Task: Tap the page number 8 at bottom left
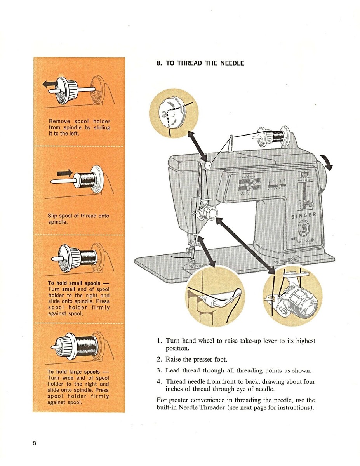coord(35,444)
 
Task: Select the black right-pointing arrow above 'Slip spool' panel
coord(64,172)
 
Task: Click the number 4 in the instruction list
coord(159,381)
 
